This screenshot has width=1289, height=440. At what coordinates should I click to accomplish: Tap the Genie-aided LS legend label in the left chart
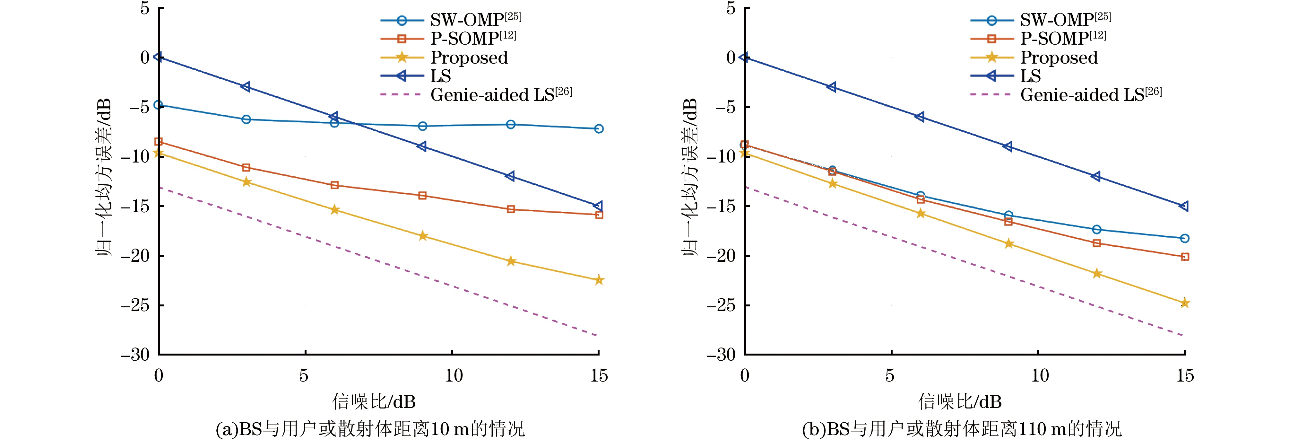coord(500,95)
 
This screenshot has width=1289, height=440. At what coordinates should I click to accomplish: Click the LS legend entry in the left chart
coord(440,76)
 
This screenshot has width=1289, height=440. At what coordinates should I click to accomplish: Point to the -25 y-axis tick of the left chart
coord(135,305)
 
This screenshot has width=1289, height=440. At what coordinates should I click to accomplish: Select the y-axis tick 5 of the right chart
coord(731,8)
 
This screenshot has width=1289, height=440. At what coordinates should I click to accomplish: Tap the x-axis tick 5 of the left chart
coord(304,375)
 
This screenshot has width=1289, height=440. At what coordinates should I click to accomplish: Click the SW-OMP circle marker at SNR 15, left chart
coord(599,129)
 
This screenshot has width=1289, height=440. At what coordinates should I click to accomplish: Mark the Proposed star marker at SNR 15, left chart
coord(599,280)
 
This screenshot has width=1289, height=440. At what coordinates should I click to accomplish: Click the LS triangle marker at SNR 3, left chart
coord(246,87)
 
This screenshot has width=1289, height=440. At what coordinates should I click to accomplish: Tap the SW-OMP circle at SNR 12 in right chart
coord(1096,229)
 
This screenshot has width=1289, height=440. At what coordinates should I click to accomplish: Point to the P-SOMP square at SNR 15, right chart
coord(1184,257)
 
